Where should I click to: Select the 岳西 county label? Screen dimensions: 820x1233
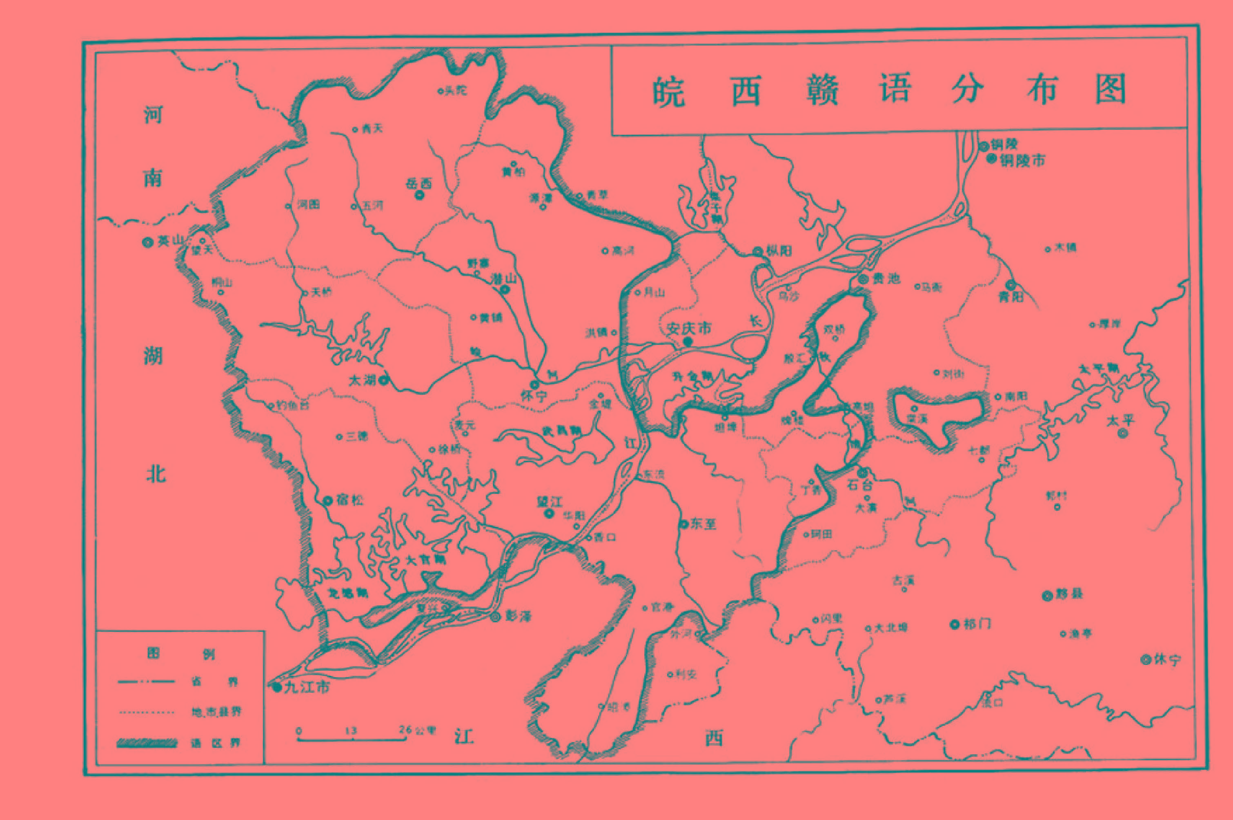pos(419,184)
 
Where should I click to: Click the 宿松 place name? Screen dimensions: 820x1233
pos(349,500)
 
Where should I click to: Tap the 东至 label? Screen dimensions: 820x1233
pos(703,524)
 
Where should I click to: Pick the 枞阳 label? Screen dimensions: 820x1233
pos(779,251)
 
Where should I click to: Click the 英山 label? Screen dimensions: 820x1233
pos(171,240)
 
